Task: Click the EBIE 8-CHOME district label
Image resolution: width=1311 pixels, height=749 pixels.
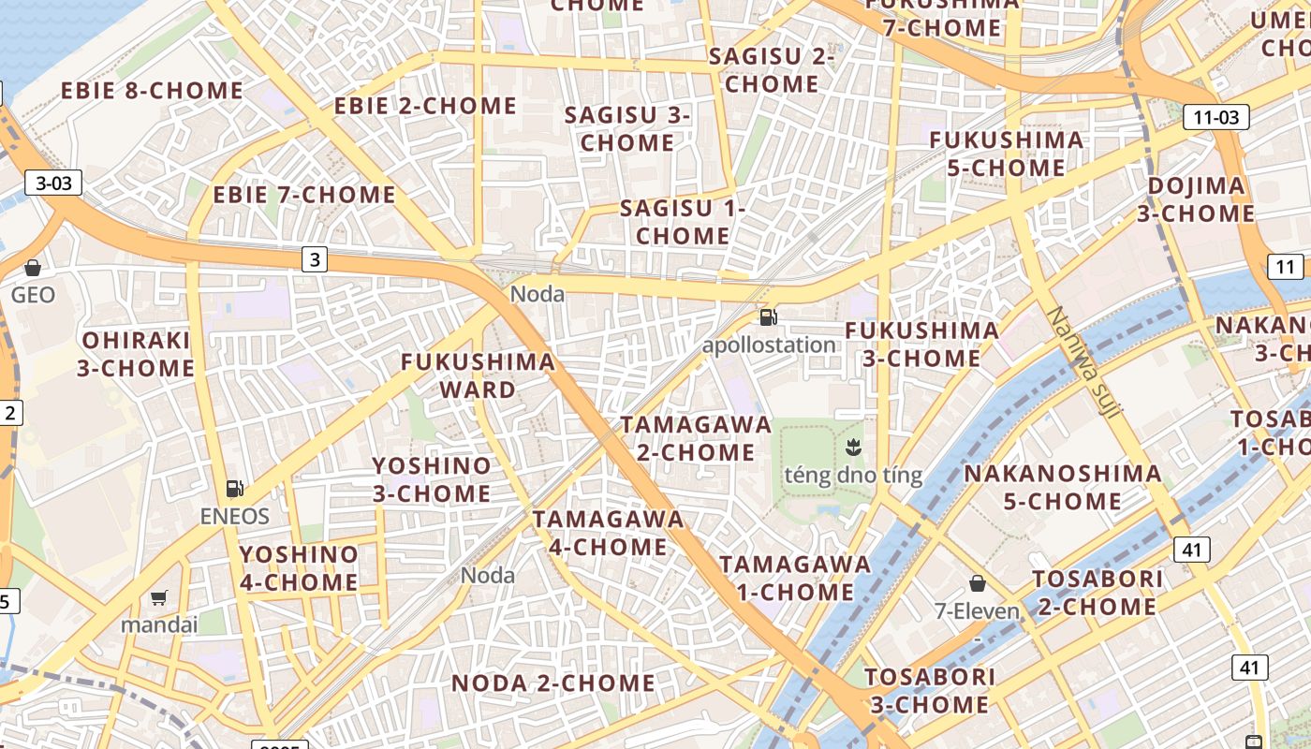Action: coord(152,91)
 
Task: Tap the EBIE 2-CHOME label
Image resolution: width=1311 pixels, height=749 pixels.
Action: coord(425,106)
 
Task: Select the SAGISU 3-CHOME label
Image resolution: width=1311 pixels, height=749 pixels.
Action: coord(627,129)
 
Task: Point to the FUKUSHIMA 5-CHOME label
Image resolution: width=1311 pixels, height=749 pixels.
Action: coord(1007,154)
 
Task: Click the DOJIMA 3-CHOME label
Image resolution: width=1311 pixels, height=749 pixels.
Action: coord(1196,199)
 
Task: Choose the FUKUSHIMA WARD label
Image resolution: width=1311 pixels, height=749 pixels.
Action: coord(478,375)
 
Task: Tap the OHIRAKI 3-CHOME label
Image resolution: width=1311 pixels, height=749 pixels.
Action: coord(136,354)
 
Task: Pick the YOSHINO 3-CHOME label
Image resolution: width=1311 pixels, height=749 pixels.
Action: coord(432,479)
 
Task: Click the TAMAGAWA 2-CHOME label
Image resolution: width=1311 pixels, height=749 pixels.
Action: coord(696,438)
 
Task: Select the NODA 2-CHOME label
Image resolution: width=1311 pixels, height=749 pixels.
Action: coord(553,683)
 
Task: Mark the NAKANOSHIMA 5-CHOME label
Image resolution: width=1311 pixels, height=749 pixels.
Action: coord(1063,487)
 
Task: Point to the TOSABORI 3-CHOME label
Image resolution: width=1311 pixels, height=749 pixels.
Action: coord(929,690)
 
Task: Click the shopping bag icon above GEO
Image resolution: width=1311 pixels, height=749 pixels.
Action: coord(33,268)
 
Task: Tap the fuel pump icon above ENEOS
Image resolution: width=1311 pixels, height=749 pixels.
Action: coord(234,488)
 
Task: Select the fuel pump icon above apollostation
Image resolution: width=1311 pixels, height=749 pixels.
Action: coord(768,317)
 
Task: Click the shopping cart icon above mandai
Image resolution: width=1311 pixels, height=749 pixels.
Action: coord(159,597)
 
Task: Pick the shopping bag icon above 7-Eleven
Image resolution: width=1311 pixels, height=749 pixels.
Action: coord(978,583)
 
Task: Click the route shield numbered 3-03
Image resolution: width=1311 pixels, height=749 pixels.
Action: coord(53,183)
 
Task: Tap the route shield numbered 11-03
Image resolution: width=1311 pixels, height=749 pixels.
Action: coord(1216,117)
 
